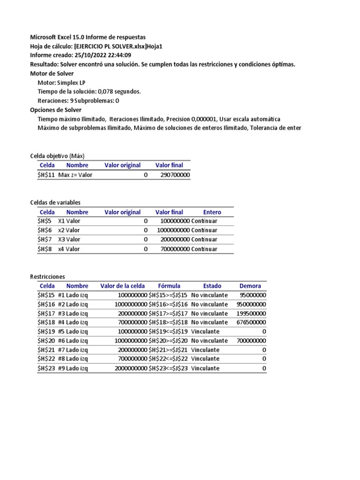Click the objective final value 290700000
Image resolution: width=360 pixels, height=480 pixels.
tap(175, 175)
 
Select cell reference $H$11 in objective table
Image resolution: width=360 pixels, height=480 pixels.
tap(46, 175)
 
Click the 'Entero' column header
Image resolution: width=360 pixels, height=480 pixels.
tap(212, 212)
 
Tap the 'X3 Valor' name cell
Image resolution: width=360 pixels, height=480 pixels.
tap(69, 240)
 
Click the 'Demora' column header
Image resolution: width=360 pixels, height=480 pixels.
tap(250, 286)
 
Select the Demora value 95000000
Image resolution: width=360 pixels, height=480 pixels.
tap(253, 295)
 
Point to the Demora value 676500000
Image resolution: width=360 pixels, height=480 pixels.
tap(252, 322)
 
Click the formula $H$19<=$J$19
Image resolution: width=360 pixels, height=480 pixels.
tap(168, 331)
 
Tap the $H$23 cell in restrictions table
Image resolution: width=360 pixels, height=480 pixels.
tap(46, 368)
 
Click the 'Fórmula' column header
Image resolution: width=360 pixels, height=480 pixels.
tap(169, 286)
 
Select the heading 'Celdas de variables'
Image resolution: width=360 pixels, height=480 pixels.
tap(55, 202)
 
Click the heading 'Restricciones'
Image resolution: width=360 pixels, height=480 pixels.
tap(47, 277)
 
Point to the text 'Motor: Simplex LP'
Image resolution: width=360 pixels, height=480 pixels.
tap(61, 82)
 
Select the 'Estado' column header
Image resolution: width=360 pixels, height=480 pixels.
tap(212, 286)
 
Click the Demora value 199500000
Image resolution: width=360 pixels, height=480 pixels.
tap(252, 313)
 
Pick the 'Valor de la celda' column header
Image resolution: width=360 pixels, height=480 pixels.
tap(122, 286)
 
